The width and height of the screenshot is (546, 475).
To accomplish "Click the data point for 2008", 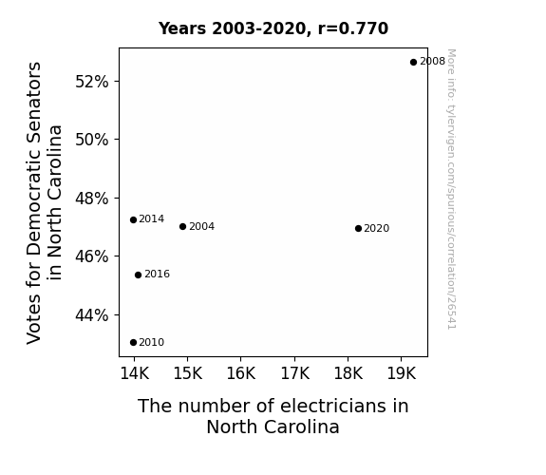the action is (413, 63).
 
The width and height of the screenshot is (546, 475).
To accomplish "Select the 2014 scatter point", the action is (133, 219).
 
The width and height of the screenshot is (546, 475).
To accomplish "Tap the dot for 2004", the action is (183, 226).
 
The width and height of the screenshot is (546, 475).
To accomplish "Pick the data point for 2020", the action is (358, 228).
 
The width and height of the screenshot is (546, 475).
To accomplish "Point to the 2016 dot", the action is (139, 275).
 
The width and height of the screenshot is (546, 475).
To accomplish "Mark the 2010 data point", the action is (133, 343).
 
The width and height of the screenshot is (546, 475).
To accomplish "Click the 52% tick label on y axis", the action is (92, 82).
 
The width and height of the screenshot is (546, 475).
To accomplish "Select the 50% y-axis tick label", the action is (92, 140).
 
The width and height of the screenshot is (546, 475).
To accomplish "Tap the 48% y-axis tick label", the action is (92, 199).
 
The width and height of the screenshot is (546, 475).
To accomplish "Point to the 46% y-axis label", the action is (92, 256).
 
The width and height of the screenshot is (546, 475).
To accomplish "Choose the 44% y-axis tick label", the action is (92, 315).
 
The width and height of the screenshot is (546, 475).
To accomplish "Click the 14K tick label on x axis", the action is (135, 373).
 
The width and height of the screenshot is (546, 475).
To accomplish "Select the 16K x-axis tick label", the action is (241, 373).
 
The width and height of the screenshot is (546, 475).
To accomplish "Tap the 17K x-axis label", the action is (295, 373).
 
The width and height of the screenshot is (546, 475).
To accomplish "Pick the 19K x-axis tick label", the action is (402, 373).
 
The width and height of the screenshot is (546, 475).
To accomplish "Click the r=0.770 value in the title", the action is (353, 28).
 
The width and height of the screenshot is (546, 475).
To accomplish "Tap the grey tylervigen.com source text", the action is (451, 189).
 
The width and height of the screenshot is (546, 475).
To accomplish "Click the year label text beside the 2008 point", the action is (432, 62).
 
